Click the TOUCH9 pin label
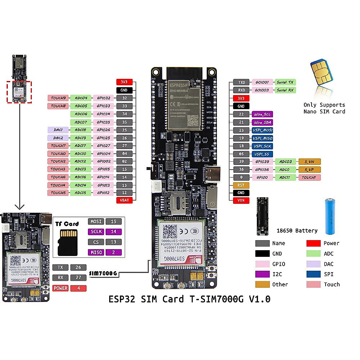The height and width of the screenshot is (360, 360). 58,98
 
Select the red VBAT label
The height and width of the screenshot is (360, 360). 124,200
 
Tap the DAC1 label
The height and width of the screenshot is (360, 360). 58,130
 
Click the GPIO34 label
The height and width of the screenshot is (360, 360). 103,114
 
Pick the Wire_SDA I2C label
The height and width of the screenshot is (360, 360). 262,122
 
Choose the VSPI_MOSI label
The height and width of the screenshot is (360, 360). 262,130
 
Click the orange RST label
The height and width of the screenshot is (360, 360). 241,185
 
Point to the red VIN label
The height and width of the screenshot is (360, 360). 241,200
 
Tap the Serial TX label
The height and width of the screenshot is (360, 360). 285,82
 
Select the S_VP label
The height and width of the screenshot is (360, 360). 309,169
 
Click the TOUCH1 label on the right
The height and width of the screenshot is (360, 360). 309,178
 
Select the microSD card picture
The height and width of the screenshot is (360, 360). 67,242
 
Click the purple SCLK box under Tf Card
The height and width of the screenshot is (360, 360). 96,232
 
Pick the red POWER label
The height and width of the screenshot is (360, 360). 61,288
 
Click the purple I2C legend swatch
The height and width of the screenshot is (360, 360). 262,274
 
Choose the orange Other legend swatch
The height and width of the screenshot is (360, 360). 262,284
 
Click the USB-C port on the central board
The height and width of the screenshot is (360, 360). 213,173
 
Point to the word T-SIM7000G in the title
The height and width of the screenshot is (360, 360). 216,299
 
